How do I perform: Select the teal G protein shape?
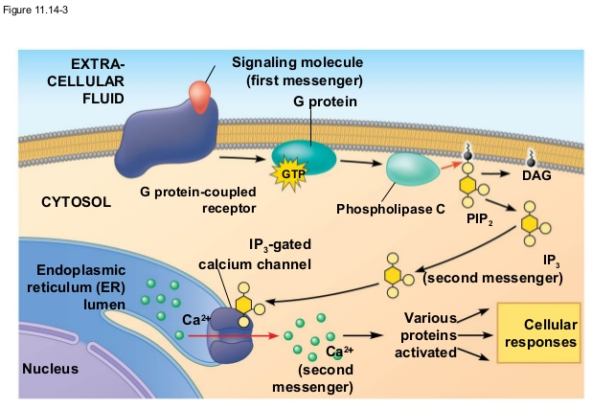point(305,156)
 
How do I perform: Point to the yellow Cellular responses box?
point(539,332)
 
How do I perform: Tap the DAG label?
point(536,176)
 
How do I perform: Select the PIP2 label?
point(479,219)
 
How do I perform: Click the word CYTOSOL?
point(77,203)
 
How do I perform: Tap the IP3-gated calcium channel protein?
point(234,332)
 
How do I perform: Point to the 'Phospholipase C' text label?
point(391,209)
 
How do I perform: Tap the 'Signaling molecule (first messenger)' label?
point(297,70)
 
